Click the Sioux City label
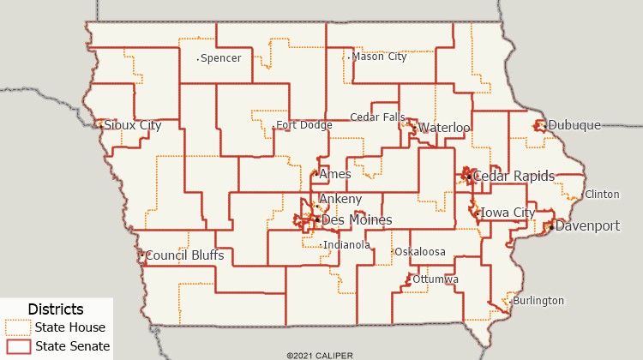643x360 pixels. (132, 125)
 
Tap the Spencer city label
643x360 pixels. (220, 58)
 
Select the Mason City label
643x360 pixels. (379, 57)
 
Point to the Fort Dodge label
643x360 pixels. (303, 125)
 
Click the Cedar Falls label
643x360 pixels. (377, 117)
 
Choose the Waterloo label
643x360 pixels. (444, 128)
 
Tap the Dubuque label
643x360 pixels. (574, 125)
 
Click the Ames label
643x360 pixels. (334, 174)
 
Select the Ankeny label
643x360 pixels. (340, 199)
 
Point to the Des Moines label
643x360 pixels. (357, 220)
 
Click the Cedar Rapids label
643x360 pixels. (514, 177)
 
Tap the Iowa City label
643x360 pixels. (508, 213)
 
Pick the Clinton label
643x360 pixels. (602, 195)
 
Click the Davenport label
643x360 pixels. (587, 226)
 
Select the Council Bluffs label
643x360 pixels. (184, 255)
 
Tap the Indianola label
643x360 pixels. (346, 245)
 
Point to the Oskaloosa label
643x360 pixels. (420, 252)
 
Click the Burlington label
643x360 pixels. (538, 301)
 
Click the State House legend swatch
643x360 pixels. (18, 327)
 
